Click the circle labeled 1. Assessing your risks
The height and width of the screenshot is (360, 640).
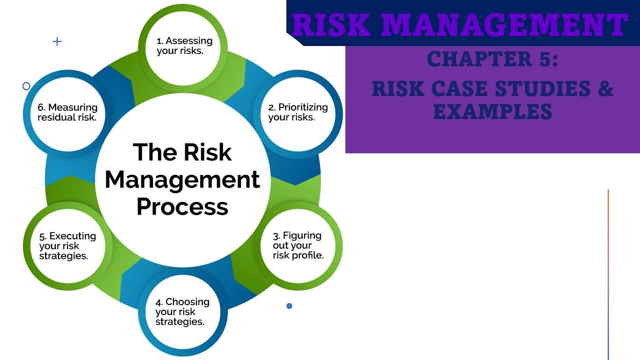(184, 46)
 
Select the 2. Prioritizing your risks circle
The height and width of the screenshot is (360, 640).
(297, 112)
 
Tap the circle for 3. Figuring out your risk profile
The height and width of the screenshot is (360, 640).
(298, 245)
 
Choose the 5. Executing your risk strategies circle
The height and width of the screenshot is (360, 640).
(67, 245)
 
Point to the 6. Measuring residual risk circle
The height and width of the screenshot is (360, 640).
(67, 112)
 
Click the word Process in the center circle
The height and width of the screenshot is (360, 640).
(182, 206)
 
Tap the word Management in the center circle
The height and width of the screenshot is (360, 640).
(182, 179)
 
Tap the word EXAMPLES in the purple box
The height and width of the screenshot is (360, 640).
(492, 110)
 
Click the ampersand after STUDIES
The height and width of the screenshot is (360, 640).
(606, 89)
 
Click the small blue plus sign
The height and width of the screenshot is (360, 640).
(57, 41)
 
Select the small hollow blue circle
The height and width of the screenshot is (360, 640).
(26, 86)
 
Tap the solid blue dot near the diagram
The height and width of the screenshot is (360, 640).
(289, 306)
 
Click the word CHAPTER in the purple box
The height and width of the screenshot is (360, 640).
(476, 59)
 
